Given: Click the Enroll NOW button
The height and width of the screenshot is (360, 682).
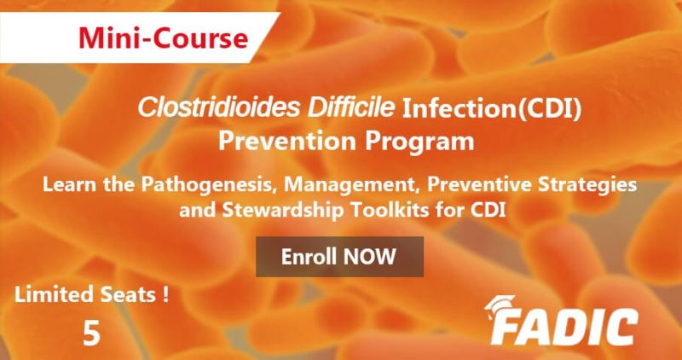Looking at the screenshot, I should tap(340, 254).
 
